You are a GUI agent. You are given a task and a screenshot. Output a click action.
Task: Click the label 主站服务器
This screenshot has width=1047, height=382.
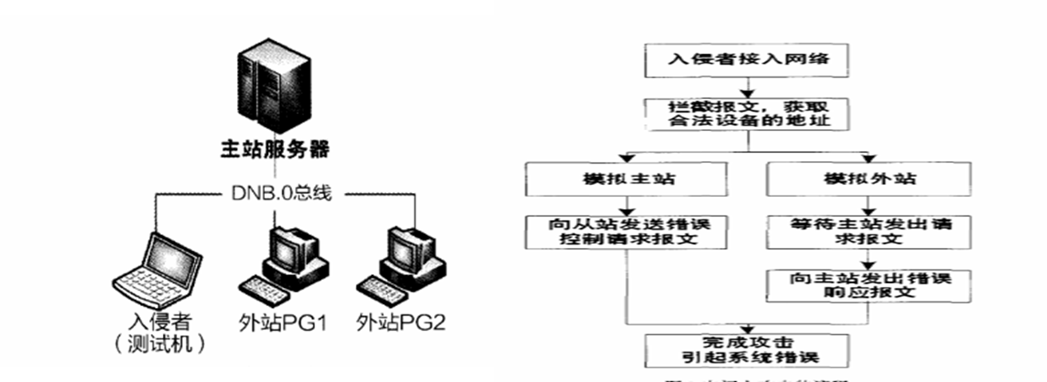[x=275, y=150]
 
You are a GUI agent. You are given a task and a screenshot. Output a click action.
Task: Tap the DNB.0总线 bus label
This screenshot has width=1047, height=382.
[x=276, y=194]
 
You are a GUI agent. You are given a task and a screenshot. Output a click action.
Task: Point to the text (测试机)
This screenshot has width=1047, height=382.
[x=160, y=345]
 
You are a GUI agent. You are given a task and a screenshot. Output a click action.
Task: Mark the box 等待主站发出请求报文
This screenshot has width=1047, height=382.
[x=869, y=231]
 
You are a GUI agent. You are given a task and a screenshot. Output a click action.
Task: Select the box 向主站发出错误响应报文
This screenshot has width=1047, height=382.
[x=869, y=284]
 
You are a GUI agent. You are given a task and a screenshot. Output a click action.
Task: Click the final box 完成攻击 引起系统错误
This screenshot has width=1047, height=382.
[x=748, y=349]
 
